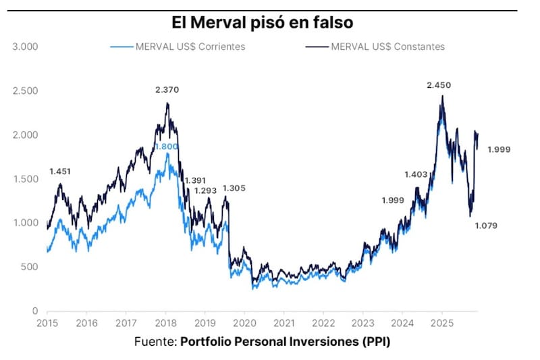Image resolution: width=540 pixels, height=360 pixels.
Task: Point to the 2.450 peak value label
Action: (439, 85)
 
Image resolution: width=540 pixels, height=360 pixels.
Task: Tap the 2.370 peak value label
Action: (167, 91)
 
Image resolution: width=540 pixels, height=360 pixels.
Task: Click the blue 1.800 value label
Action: (166, 147)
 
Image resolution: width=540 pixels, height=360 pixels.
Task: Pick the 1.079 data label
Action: (485, 226)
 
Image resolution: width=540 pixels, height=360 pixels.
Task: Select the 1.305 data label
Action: (234, 188)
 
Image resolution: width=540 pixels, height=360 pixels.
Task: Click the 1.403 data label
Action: (416, 174)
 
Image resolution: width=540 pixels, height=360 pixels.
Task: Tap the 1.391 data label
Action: (195, 180)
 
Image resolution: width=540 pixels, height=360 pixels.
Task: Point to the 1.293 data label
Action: (205, 190)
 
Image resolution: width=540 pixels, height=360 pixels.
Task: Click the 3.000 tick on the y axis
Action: (25, 47)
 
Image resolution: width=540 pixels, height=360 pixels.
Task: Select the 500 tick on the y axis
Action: (30, 267)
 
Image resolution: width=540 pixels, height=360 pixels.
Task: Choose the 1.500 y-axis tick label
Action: (25, 179)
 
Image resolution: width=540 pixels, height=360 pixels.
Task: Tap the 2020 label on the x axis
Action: (244, 323)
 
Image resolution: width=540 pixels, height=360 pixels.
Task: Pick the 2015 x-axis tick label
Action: (47, 323)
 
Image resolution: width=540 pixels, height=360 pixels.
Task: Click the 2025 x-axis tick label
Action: (442, 323)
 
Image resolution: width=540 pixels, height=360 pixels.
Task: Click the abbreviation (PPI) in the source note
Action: (375, 341)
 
